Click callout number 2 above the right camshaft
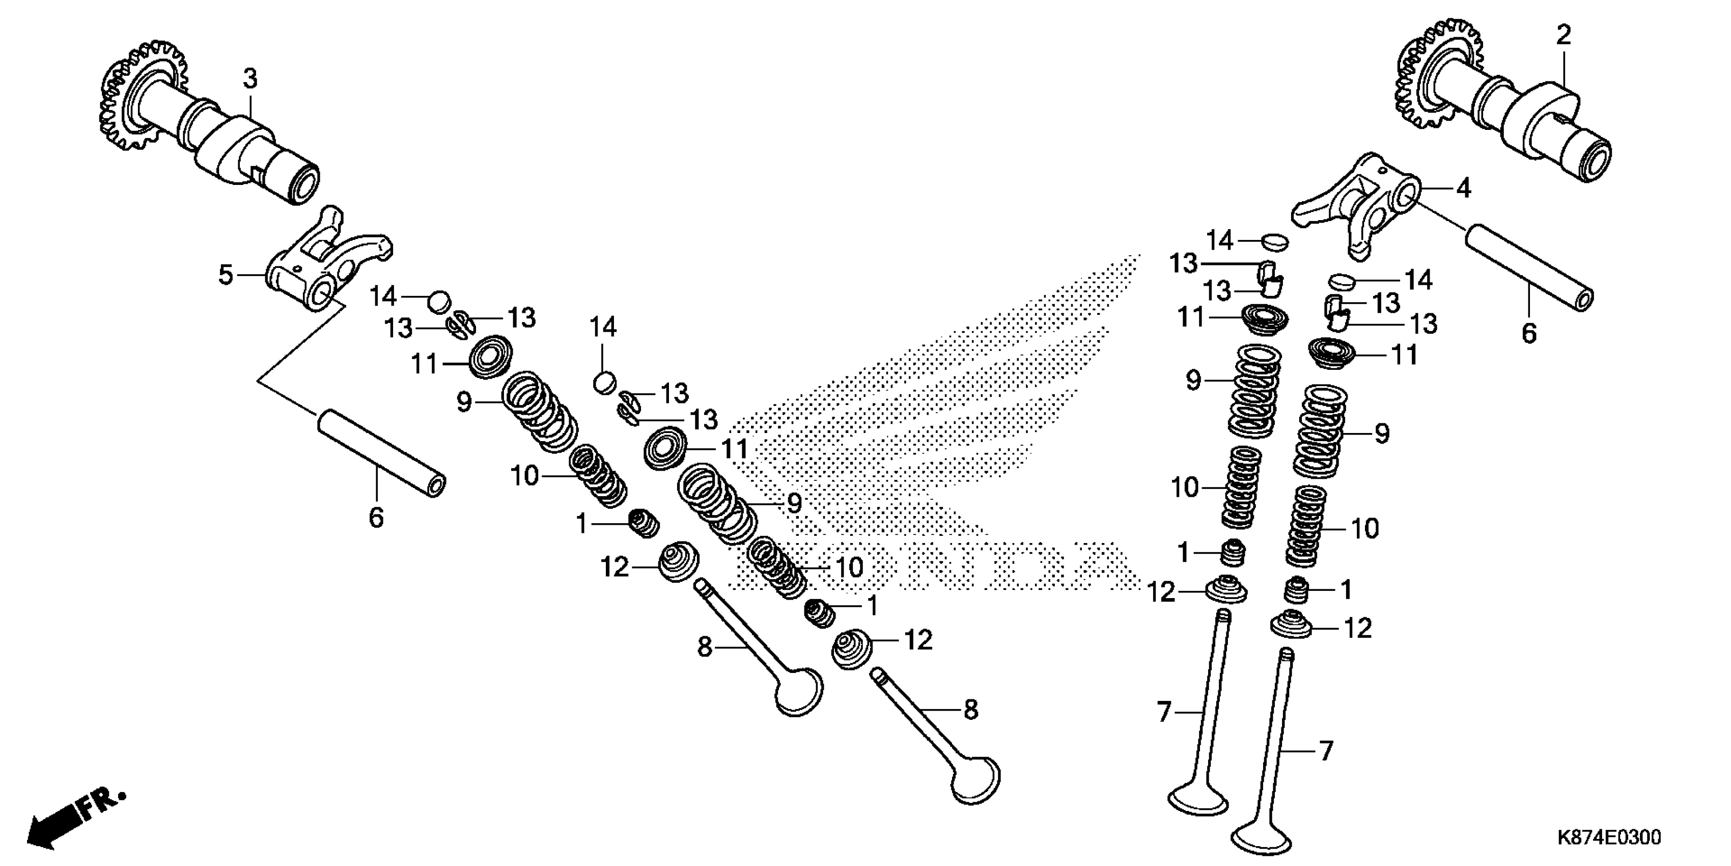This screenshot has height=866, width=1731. (x=1564, y=35)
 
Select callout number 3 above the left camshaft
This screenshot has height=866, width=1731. (x=250, y=79)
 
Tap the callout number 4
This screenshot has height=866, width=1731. (x=1463, y=188)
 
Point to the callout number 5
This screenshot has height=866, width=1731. (x=226, y=275)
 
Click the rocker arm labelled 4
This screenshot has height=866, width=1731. (x=1357, y=208)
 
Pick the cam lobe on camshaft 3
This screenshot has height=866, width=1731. (x=232, y=145)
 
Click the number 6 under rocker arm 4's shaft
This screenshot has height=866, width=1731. (x=1529, y=333)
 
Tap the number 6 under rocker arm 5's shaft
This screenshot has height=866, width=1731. (x=376, y=518)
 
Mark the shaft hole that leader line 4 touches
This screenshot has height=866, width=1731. (x=1408, y=196)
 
